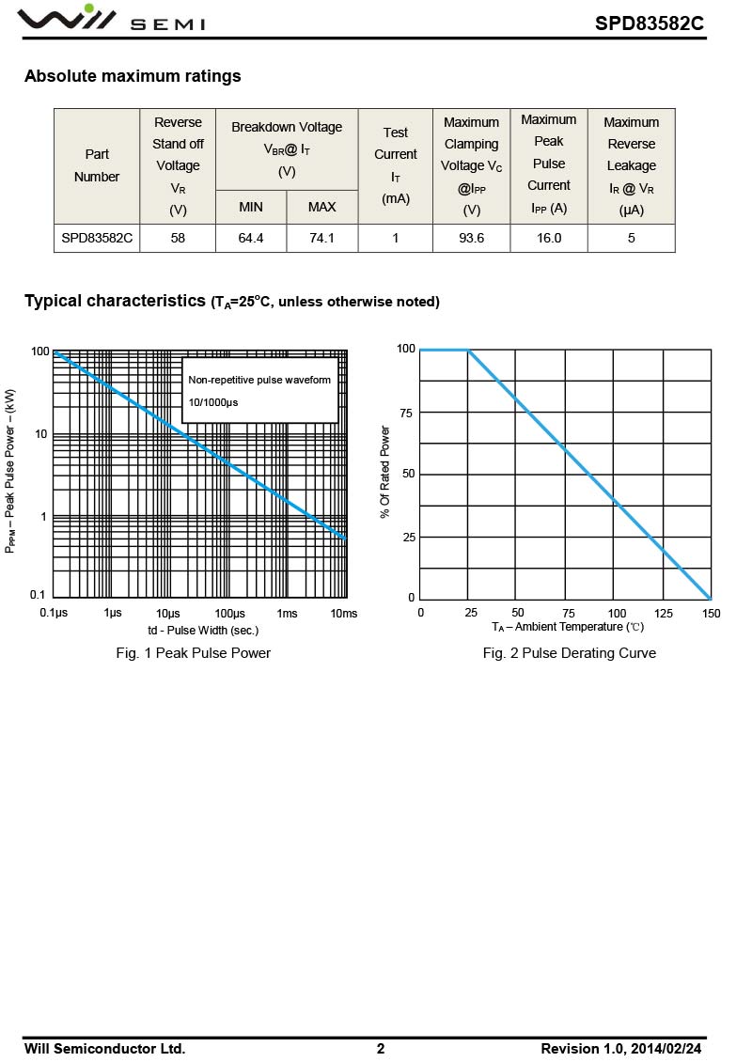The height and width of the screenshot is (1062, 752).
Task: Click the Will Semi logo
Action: click(x=113, y=18)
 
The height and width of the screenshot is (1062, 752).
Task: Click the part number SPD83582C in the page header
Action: click(x=649, y=23)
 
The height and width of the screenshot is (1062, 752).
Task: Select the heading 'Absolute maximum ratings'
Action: click(x=133, y=76)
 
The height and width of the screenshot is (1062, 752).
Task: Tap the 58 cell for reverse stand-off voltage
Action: click(x=178, y=238)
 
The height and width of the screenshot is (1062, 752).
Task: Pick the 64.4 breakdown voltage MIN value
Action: click(x=251, y=238)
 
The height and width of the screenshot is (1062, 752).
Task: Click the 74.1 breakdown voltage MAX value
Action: click(x=321, y=238)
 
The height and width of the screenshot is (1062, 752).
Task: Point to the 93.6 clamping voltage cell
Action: click(x=472, y=238)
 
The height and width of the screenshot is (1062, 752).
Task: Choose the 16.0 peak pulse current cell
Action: click(x=549, y=238)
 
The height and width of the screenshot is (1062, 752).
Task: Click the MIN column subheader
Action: click(x=251, y=207)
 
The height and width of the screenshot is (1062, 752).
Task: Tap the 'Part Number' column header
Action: click(x=97, y=165)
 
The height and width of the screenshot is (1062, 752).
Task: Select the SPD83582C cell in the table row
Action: click(x=97, y=238)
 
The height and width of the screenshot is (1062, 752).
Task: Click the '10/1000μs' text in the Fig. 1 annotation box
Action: click(x=213, y=402)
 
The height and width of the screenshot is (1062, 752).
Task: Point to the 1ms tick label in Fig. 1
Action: click(x=288, y=613)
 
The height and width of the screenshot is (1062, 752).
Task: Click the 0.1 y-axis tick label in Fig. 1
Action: click(x=38, y=595)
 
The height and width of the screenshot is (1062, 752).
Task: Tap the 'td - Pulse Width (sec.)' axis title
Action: click(x=203, y=631)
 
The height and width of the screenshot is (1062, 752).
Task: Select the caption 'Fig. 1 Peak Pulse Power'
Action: click(x=193, y=653)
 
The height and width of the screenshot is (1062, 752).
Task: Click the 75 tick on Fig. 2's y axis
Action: click(x=406, y=413)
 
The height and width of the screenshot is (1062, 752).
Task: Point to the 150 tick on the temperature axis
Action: click(x=712, y=613)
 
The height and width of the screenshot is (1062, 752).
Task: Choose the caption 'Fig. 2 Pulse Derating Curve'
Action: click(x=569, y=653)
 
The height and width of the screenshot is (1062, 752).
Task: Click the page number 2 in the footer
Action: click(x=381, y=1049)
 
